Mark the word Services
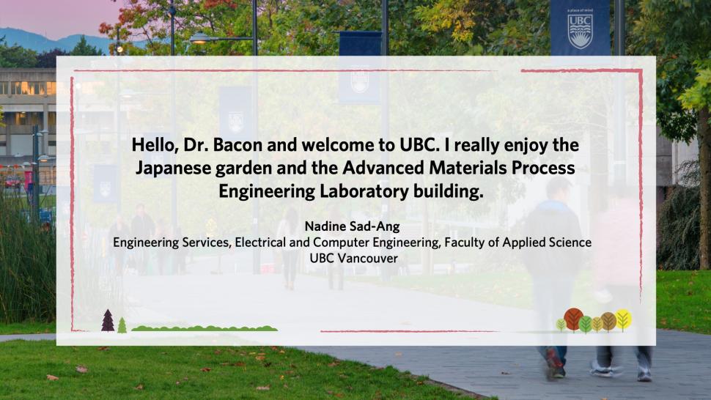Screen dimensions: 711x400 pos(206,242)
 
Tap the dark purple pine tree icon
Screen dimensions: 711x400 pos(108,320)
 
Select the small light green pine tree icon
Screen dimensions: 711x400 pos(122,325)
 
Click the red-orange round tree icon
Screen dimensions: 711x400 pos(574,319)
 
